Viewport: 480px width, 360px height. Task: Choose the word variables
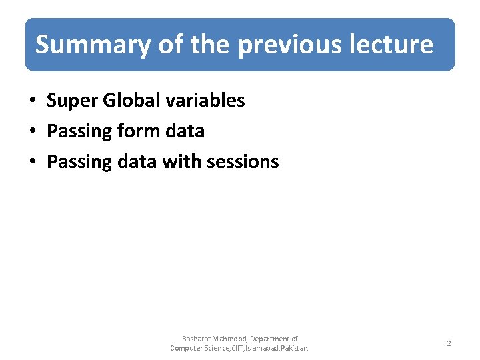tap(206, 101)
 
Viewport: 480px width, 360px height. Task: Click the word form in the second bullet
tap(135, 131)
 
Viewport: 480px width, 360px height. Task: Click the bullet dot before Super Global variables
tap(32, 101)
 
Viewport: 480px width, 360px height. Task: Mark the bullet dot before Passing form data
tap(32, 132)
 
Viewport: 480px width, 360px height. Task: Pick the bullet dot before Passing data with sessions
tap(32, 163)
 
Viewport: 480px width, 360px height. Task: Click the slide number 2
tap(449, 343)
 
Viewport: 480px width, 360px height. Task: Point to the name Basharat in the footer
tap(196, 339)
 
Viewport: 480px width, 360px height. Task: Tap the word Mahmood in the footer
tap(232, 339)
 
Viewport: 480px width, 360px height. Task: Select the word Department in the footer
tap(271, 339)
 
